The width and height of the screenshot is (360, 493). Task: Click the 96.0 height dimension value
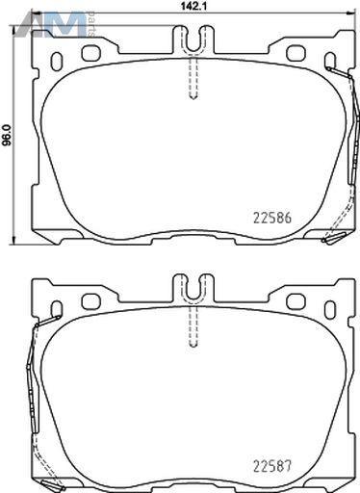tap(7, 135)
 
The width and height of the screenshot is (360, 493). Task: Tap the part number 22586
tap(272, 219)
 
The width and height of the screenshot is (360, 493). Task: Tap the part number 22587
tap(272, 466)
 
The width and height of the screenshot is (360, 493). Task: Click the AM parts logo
tap(56, 24)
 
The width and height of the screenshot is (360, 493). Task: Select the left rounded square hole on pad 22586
tap(91, 53)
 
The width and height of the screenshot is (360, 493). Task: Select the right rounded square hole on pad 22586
tap(296, 53)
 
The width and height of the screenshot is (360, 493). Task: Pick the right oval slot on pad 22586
tap(330, 61)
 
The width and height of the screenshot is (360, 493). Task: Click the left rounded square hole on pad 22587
tap(91, 301)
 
